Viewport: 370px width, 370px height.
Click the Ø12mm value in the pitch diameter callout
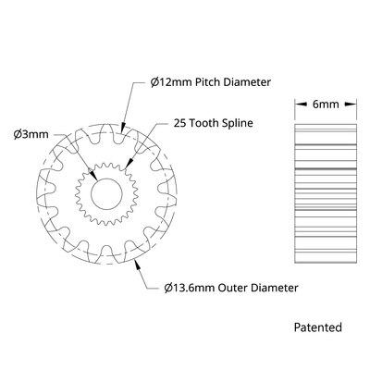(x=171, y=82)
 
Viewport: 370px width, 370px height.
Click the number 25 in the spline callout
(x=167, y=123)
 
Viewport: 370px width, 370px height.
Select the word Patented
(x=317, y=327)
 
